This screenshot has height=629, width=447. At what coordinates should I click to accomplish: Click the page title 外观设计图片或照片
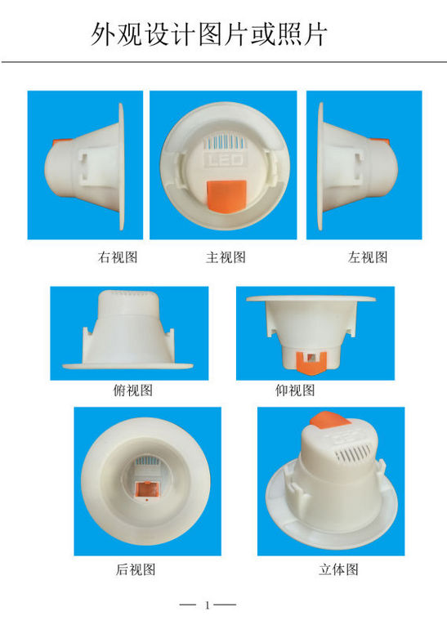coord(208,34)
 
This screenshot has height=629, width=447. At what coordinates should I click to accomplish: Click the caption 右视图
coord(118,257)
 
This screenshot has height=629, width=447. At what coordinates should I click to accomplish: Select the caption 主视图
coord(226,257)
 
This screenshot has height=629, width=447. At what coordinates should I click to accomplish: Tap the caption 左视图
coord(368,257)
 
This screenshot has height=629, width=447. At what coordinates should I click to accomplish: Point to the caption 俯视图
coord(132,390)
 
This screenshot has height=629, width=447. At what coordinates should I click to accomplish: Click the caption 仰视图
coord(295,390)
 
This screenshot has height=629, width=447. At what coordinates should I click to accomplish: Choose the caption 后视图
coord(136,569)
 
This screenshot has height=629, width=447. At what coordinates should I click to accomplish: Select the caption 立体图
coord(338,569)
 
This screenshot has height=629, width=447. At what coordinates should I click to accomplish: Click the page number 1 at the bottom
coord(208,605)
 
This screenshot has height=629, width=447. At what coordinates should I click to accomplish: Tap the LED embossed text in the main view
coord(224,160)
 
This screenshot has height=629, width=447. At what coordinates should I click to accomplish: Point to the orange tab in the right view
coord(62,142)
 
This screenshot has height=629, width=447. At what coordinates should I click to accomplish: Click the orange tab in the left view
coord(380,141)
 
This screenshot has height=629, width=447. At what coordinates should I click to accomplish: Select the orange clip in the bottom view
coord(311,361)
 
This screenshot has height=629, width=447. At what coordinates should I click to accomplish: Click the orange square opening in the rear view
coord(146,488)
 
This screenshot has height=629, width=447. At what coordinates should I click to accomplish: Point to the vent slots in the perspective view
coord(355,453)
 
